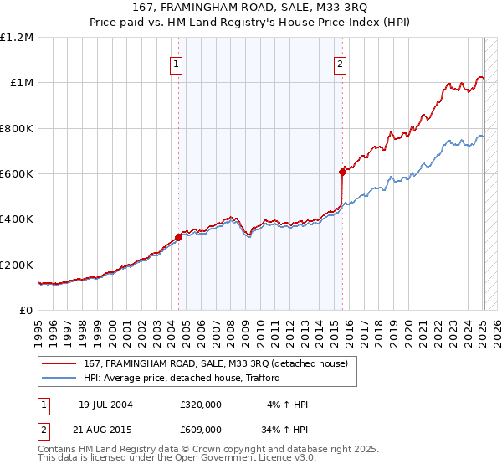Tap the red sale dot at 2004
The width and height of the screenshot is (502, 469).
[x=179, y=237]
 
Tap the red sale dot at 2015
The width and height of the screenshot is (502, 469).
[x=342, y=172]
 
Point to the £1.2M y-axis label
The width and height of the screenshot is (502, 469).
[x=17, y=38]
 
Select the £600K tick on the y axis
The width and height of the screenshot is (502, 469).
[x=17, y=174]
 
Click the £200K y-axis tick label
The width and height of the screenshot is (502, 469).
[x=17, y=265]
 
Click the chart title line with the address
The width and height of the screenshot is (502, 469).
[x=251, y=11]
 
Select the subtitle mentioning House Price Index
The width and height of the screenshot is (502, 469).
[x=251, y=25]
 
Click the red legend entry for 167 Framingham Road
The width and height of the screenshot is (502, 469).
[x=221, y=363]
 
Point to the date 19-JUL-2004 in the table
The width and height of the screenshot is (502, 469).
[x=105, y=405]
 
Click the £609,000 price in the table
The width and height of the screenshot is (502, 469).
[x=201, y=429]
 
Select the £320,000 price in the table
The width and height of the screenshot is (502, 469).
[x=201, y=405]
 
